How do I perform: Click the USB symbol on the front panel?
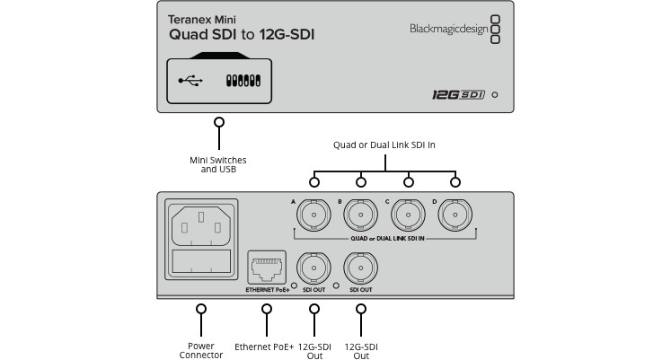click(190, 81)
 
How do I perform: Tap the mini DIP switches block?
click(243, 81)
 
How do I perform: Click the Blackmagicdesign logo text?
click(448, 29)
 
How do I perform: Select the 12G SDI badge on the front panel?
click(458, 94)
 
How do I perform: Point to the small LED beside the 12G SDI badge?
click(495, 95)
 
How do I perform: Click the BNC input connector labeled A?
click(313, 215)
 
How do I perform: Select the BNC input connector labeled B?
click(361, 215)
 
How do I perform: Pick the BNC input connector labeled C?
click(408, 215)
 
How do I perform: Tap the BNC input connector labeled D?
click(455, 215)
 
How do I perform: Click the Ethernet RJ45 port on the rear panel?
click(267, 268)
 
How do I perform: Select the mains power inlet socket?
click(201, 226)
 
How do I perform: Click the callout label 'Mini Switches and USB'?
click(218, 164)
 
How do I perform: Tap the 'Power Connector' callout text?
click(201, 351)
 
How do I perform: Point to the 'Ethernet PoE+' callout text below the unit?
click(264, 347)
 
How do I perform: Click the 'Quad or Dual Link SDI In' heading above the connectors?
click(384, 145)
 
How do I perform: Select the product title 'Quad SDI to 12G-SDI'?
click(242, 35)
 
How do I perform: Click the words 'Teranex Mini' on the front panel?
click(202, 20)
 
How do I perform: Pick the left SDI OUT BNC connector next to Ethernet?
click(313, 268)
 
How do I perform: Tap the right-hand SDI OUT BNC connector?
click(361, 268)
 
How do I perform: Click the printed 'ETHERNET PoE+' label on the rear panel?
click(268, 290)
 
